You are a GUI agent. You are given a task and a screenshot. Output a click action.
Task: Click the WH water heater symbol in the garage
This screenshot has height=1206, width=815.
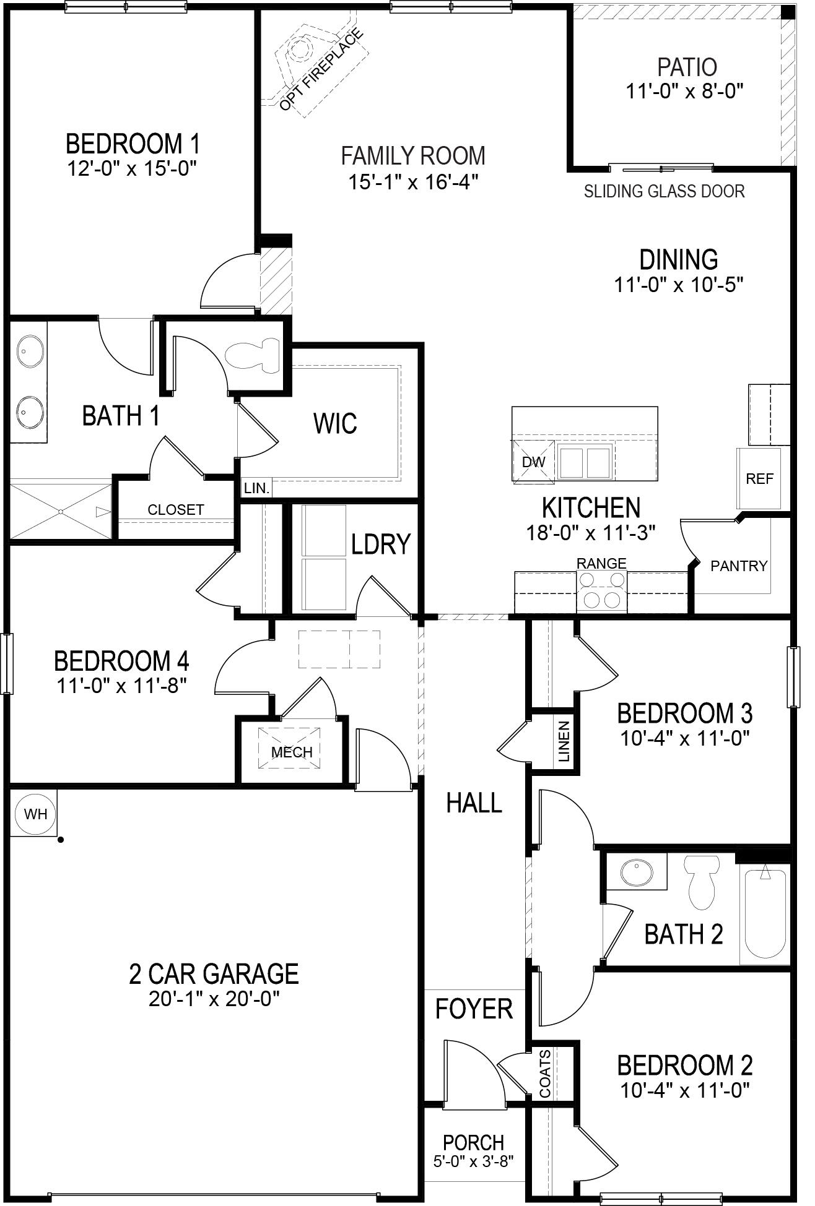[35, 814]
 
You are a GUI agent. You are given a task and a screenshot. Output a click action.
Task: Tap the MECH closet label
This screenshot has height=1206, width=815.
[292, 752]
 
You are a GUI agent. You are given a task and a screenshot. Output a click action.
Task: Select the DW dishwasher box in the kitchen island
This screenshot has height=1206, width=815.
[533, 462]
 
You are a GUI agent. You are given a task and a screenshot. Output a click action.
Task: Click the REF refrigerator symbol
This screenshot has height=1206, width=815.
[759, 478]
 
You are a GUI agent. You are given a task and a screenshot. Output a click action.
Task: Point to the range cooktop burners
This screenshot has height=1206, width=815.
[601, 590]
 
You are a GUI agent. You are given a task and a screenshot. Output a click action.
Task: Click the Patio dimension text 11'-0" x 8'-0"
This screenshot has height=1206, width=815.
[684, 92]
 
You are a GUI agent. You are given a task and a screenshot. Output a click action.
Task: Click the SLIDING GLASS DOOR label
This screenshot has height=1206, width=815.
[664, 191]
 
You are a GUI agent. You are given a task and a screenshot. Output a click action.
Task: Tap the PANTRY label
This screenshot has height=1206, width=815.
[738, 566]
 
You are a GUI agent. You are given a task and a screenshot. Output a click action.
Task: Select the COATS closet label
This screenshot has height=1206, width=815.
[545, 1066]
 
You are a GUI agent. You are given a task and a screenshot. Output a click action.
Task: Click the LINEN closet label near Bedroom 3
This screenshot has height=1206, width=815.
[564, 741]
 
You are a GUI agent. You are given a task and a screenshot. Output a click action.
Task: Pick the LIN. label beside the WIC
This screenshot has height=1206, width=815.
[256, 488]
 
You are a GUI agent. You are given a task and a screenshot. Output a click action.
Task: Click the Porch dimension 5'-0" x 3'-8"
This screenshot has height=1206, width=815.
[473, 1161]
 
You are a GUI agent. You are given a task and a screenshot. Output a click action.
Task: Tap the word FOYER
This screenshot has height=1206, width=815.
[474, 1009]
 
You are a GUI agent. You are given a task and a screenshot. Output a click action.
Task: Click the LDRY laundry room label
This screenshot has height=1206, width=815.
[380, 544]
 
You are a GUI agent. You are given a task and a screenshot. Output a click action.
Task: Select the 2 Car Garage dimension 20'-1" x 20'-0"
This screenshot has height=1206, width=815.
[214, 999]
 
